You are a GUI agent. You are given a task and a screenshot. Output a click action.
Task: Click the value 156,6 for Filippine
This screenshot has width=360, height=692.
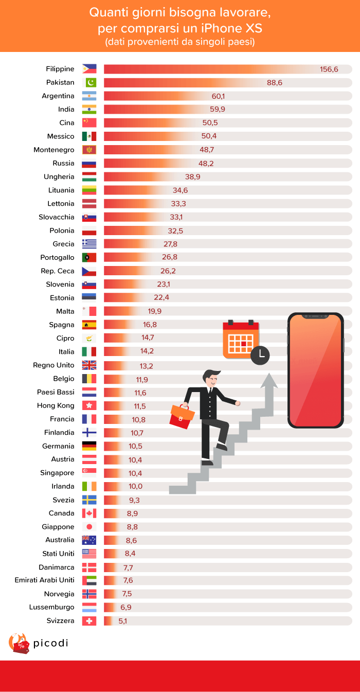point(329,69)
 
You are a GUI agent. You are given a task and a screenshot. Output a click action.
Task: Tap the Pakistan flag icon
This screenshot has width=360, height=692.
point(89,82)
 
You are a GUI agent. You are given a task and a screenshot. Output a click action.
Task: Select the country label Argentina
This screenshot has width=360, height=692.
point(58,96)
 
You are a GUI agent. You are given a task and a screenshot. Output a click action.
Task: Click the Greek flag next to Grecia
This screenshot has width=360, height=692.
point(89,244)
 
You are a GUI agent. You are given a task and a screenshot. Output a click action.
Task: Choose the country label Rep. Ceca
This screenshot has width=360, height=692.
point(58,271)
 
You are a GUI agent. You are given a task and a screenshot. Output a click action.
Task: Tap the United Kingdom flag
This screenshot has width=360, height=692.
point(89,365)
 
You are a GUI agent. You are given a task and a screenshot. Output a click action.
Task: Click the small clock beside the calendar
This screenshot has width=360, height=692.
point(260,354)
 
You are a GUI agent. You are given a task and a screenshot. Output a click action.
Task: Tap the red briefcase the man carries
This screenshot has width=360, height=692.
point(182,416)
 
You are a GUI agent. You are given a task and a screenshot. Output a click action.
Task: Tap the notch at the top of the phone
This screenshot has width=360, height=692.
point(315,315)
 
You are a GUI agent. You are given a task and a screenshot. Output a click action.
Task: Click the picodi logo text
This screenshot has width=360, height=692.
point(50,643)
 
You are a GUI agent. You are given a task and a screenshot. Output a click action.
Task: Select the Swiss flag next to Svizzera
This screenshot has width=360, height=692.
point(89,621)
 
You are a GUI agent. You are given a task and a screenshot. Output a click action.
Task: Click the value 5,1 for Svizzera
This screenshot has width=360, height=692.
point(122,621)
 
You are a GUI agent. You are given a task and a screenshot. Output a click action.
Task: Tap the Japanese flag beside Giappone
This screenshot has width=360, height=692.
point(89,527)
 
